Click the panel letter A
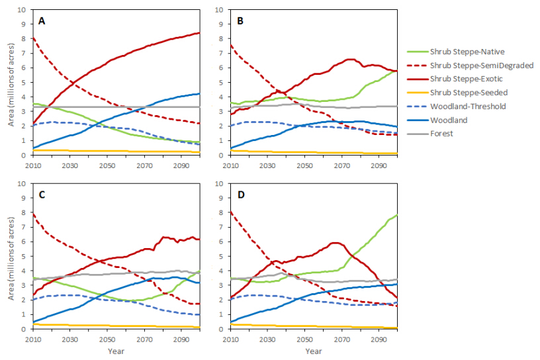(x=42, y=21)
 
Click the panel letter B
(x=240, y=21)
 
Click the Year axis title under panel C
(x=115, y=350)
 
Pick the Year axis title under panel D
(x=314, y=350)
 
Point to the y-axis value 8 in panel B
(x=224, y=39)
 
